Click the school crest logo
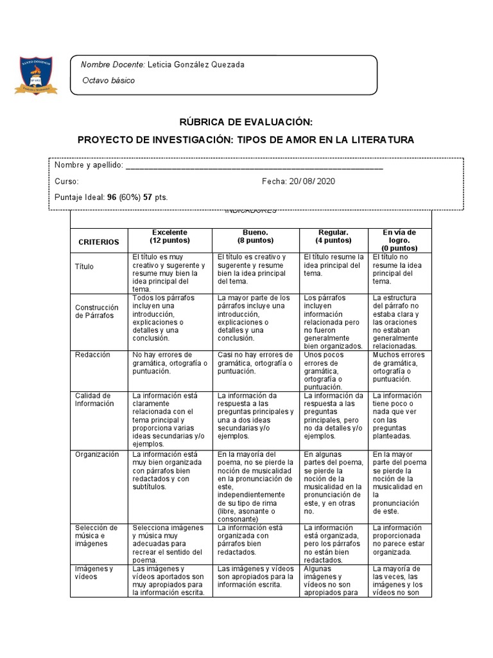[x=36, y=75]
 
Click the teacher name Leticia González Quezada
[x=196, y=65]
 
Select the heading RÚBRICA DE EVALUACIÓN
[x=246, y=122]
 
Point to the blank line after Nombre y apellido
[x=254, y=166]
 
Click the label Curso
[x=67, y=181]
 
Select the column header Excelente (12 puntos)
[x=169, y=236]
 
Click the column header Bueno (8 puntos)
[x=255, y=236]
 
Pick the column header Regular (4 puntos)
[x=333, y=236]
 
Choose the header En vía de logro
[x=399, y=236]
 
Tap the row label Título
[x=84, y=265]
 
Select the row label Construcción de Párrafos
[x=97, y=311]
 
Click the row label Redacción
[x=92, y=355]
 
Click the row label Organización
[x=97, y=454]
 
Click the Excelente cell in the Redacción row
[x=169, y=363]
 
